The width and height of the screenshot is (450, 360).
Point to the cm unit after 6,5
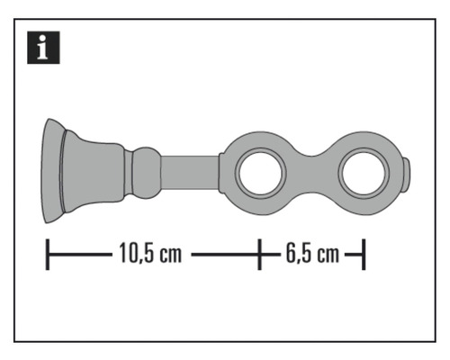pyautogui.click(x=327, y=255)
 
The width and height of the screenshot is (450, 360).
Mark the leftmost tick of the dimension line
pyautogui.click(x=47, y=254)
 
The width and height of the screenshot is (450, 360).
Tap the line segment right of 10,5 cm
pyautogui.click(x=222, y=255)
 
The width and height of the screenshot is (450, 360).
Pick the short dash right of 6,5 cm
pyautogui.click(x=353, y=255)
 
